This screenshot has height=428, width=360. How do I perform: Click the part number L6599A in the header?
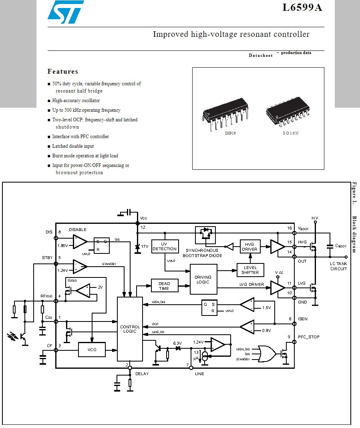click(302, 8)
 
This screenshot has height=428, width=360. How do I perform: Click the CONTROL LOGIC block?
click(130, 329)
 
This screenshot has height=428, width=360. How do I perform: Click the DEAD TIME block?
click(164, 286)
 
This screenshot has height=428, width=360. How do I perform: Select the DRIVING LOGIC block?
click(203, 279)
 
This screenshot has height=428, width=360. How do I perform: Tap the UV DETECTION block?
click(165, 246)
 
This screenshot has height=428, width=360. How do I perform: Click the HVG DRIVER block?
click(249, 247)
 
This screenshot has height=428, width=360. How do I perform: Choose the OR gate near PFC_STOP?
click(267, 354)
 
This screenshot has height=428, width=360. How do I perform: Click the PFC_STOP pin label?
click(309, 337)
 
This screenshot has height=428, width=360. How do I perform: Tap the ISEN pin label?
click(303, 319)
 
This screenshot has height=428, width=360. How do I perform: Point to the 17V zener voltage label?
click(145, 247)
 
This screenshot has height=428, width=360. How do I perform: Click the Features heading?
click(63, 72)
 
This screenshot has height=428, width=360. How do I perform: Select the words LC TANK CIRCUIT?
click(338, 266)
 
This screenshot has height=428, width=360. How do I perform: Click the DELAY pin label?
click(142, 374)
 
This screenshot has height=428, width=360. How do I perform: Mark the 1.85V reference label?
click(63, 246)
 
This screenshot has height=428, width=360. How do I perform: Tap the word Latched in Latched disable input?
click(60, 146)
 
